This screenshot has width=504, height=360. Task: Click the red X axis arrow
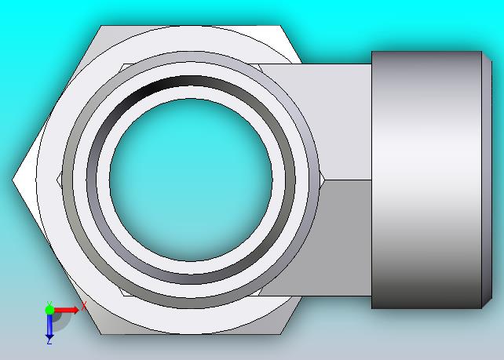click(x=66, y=311)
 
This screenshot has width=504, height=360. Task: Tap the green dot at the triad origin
click(x=49, y=310)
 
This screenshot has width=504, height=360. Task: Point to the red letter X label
click(x=84, y=306)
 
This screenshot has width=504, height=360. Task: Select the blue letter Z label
click(x=49, y=342)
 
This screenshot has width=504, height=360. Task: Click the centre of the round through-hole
click(x=191, y=180)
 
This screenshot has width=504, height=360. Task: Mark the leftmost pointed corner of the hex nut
click(x=13, y=180)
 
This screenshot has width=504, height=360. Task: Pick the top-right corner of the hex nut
click(x=280, y=26)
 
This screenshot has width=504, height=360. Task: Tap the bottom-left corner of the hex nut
click(x=101, y=334)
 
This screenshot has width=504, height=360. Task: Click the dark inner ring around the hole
click(x=191, y=81)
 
